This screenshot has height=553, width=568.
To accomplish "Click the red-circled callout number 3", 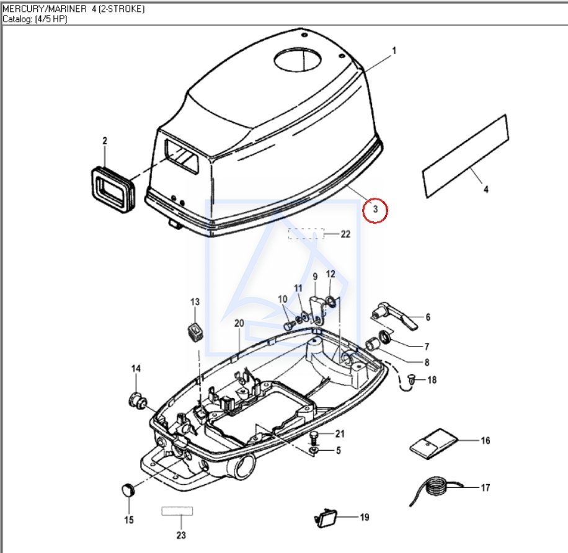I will [x=375, y=210].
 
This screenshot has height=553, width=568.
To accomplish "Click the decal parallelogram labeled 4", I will [x=466, y=156].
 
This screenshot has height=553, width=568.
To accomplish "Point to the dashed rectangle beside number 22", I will [x=306, y=234].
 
